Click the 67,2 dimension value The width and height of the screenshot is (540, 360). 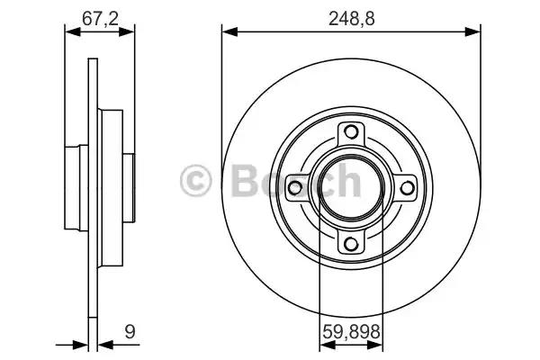coord(100,18)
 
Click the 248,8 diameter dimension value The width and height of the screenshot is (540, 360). coord(351,18)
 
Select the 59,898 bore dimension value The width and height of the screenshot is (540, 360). coord(351,332)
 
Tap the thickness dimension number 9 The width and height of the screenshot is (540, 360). coord(130,332)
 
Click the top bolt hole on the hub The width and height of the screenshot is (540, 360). coord(351,132)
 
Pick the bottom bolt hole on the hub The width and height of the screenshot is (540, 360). coord(351,244)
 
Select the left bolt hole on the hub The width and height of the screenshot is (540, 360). coord(295,188)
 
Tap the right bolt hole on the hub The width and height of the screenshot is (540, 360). coord(407,188)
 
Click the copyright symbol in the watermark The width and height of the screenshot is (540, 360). coord(195,181)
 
